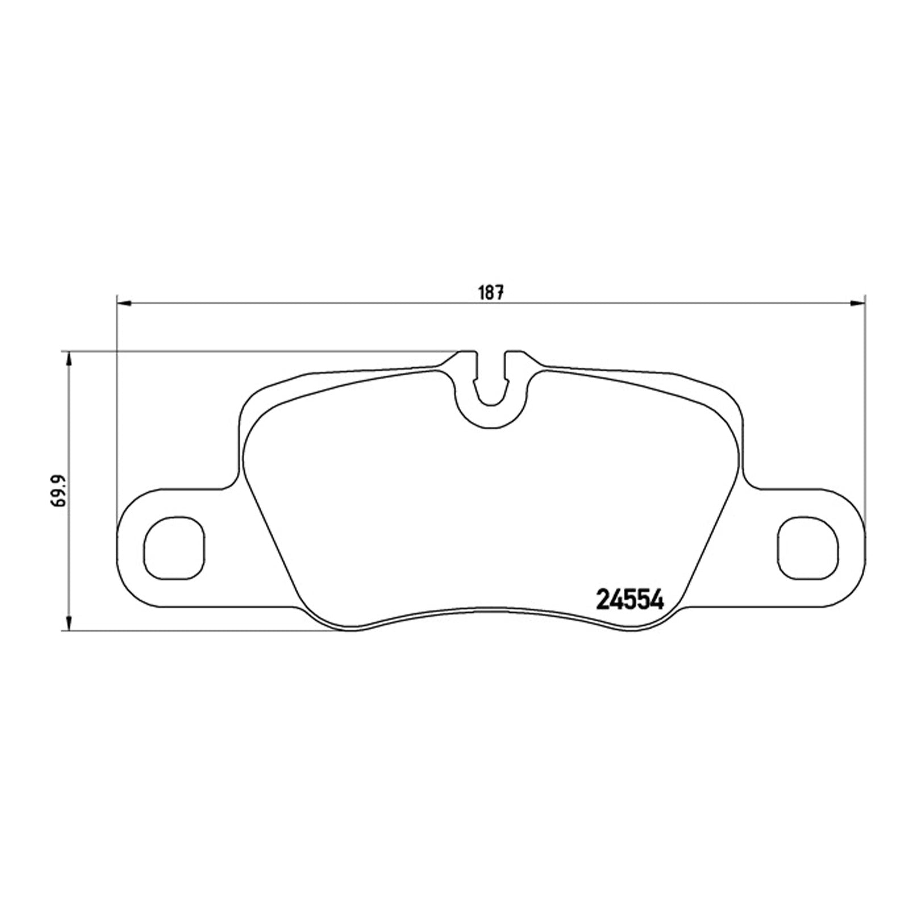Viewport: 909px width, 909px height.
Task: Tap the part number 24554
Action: (x=629, y=599)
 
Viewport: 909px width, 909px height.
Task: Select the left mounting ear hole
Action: (x=174, y=548)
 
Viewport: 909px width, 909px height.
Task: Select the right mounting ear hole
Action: (x=807, y=548)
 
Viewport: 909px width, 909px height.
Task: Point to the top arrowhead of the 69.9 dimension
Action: (x=69, y=359)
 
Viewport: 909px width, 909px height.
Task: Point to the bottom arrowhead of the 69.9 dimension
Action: (x=69, y=622)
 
